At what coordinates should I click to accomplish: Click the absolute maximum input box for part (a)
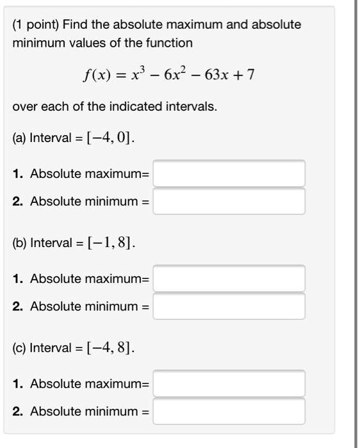229,173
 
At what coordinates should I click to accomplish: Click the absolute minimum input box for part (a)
229,202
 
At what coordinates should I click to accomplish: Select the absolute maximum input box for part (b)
229,278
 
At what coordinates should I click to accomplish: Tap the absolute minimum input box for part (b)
229,306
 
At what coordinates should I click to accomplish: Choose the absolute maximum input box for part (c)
229,383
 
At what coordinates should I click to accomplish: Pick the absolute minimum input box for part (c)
229,411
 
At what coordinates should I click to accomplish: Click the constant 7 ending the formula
251,76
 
